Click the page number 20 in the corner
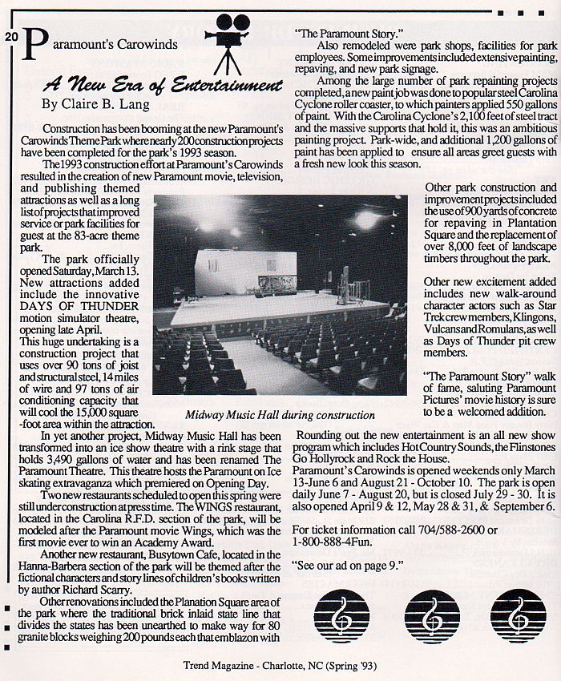(10, 37)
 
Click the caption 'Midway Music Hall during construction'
(280, 416)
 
